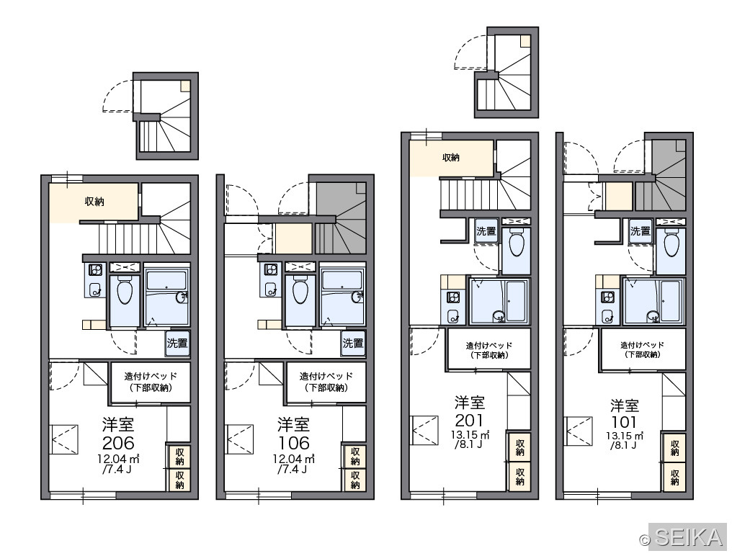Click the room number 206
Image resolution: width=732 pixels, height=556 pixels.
pos(119,442)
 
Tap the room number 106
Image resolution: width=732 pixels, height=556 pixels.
pos(294,442)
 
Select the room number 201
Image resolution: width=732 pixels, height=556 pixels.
pos(469,420)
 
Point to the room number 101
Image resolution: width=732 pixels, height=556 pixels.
pos(624,422)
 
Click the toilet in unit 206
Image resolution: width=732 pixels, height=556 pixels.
pos(125,290)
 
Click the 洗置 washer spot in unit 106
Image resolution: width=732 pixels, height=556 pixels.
pos(353,344)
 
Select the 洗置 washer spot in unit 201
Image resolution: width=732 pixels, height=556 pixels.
pos(486,230)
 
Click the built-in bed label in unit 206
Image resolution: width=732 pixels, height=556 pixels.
pos(151,382)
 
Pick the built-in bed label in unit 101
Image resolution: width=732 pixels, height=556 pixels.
pos(642,349)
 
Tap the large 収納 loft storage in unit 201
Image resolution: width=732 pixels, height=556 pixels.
pos(451,158)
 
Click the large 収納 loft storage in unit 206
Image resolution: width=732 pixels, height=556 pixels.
pos(94,202)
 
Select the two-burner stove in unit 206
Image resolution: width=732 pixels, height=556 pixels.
pos(96,270)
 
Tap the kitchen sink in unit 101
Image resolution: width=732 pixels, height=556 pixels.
pos(607,315)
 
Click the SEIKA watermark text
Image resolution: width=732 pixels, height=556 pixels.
pos(689,538)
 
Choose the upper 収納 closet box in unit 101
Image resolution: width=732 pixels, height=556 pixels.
pos(674,447)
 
